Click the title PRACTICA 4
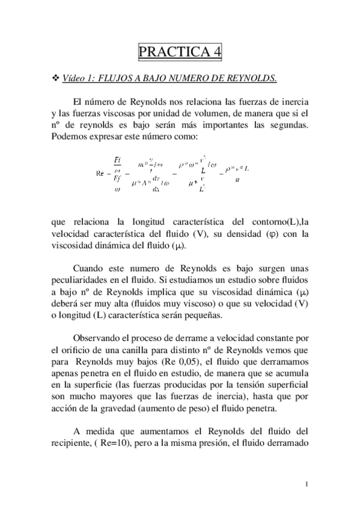pyautogui.click(x=180, y=52)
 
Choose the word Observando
pyautogui.click(x=99, y=337)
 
